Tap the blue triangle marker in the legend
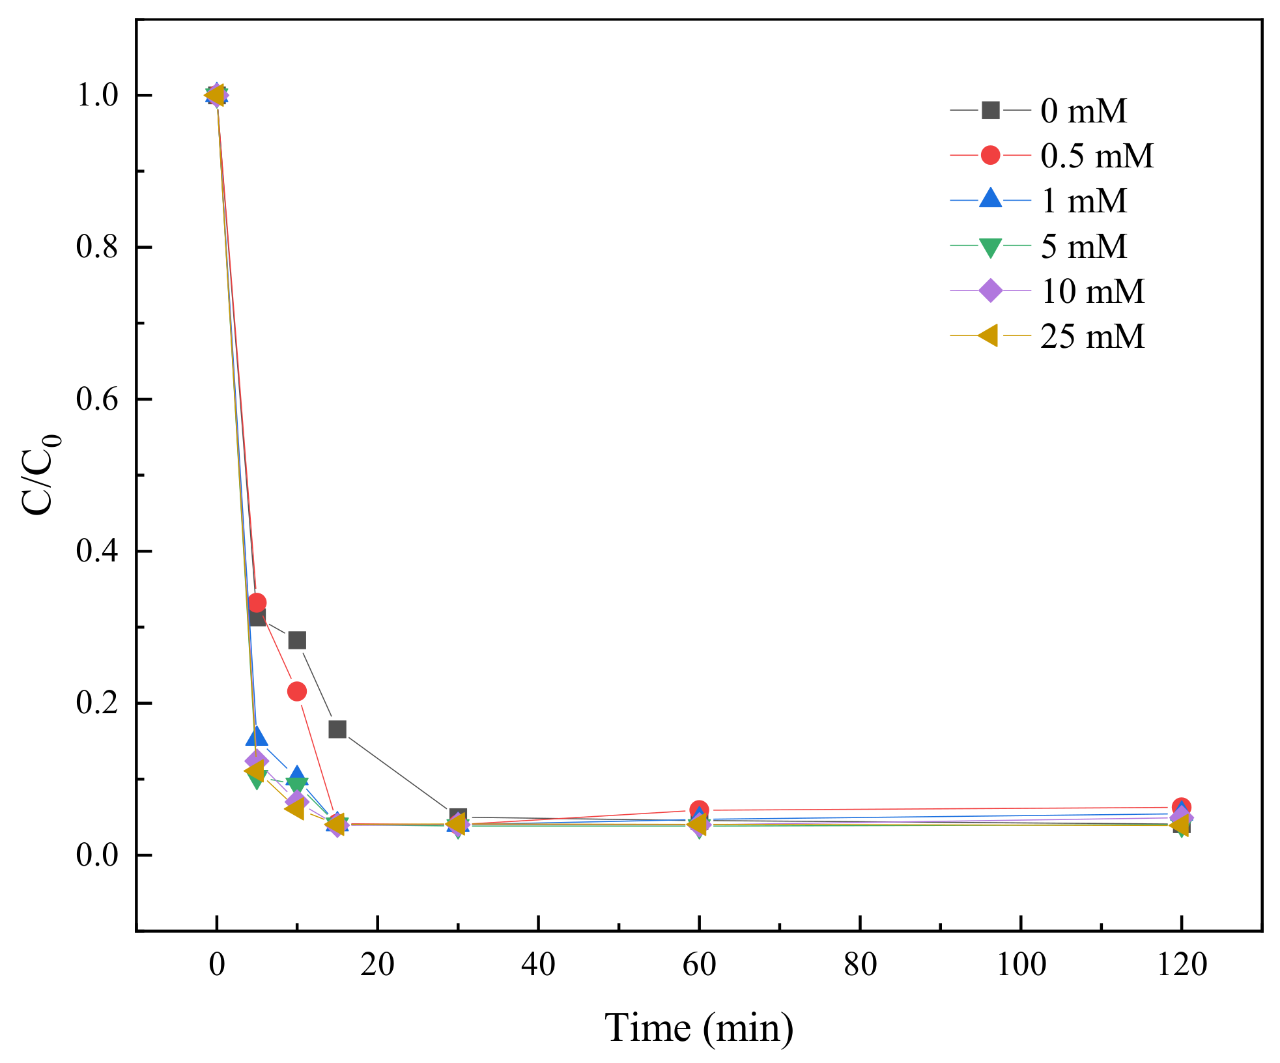pos(990,199)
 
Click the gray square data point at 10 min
pos(297,640)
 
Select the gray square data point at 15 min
pos(337,729)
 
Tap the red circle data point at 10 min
pos(297,691)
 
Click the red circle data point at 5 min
pos(257,602)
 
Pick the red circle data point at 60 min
pos(699,810)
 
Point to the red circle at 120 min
pos(1181,806)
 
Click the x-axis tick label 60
pos(699,964)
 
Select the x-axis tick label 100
pos(1021,964)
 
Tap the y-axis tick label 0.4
pos(97,551)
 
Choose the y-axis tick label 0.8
pos(97,247)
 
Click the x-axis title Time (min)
pos(699,1028)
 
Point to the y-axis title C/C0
pos(40,474)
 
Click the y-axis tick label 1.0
pos(97,95)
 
